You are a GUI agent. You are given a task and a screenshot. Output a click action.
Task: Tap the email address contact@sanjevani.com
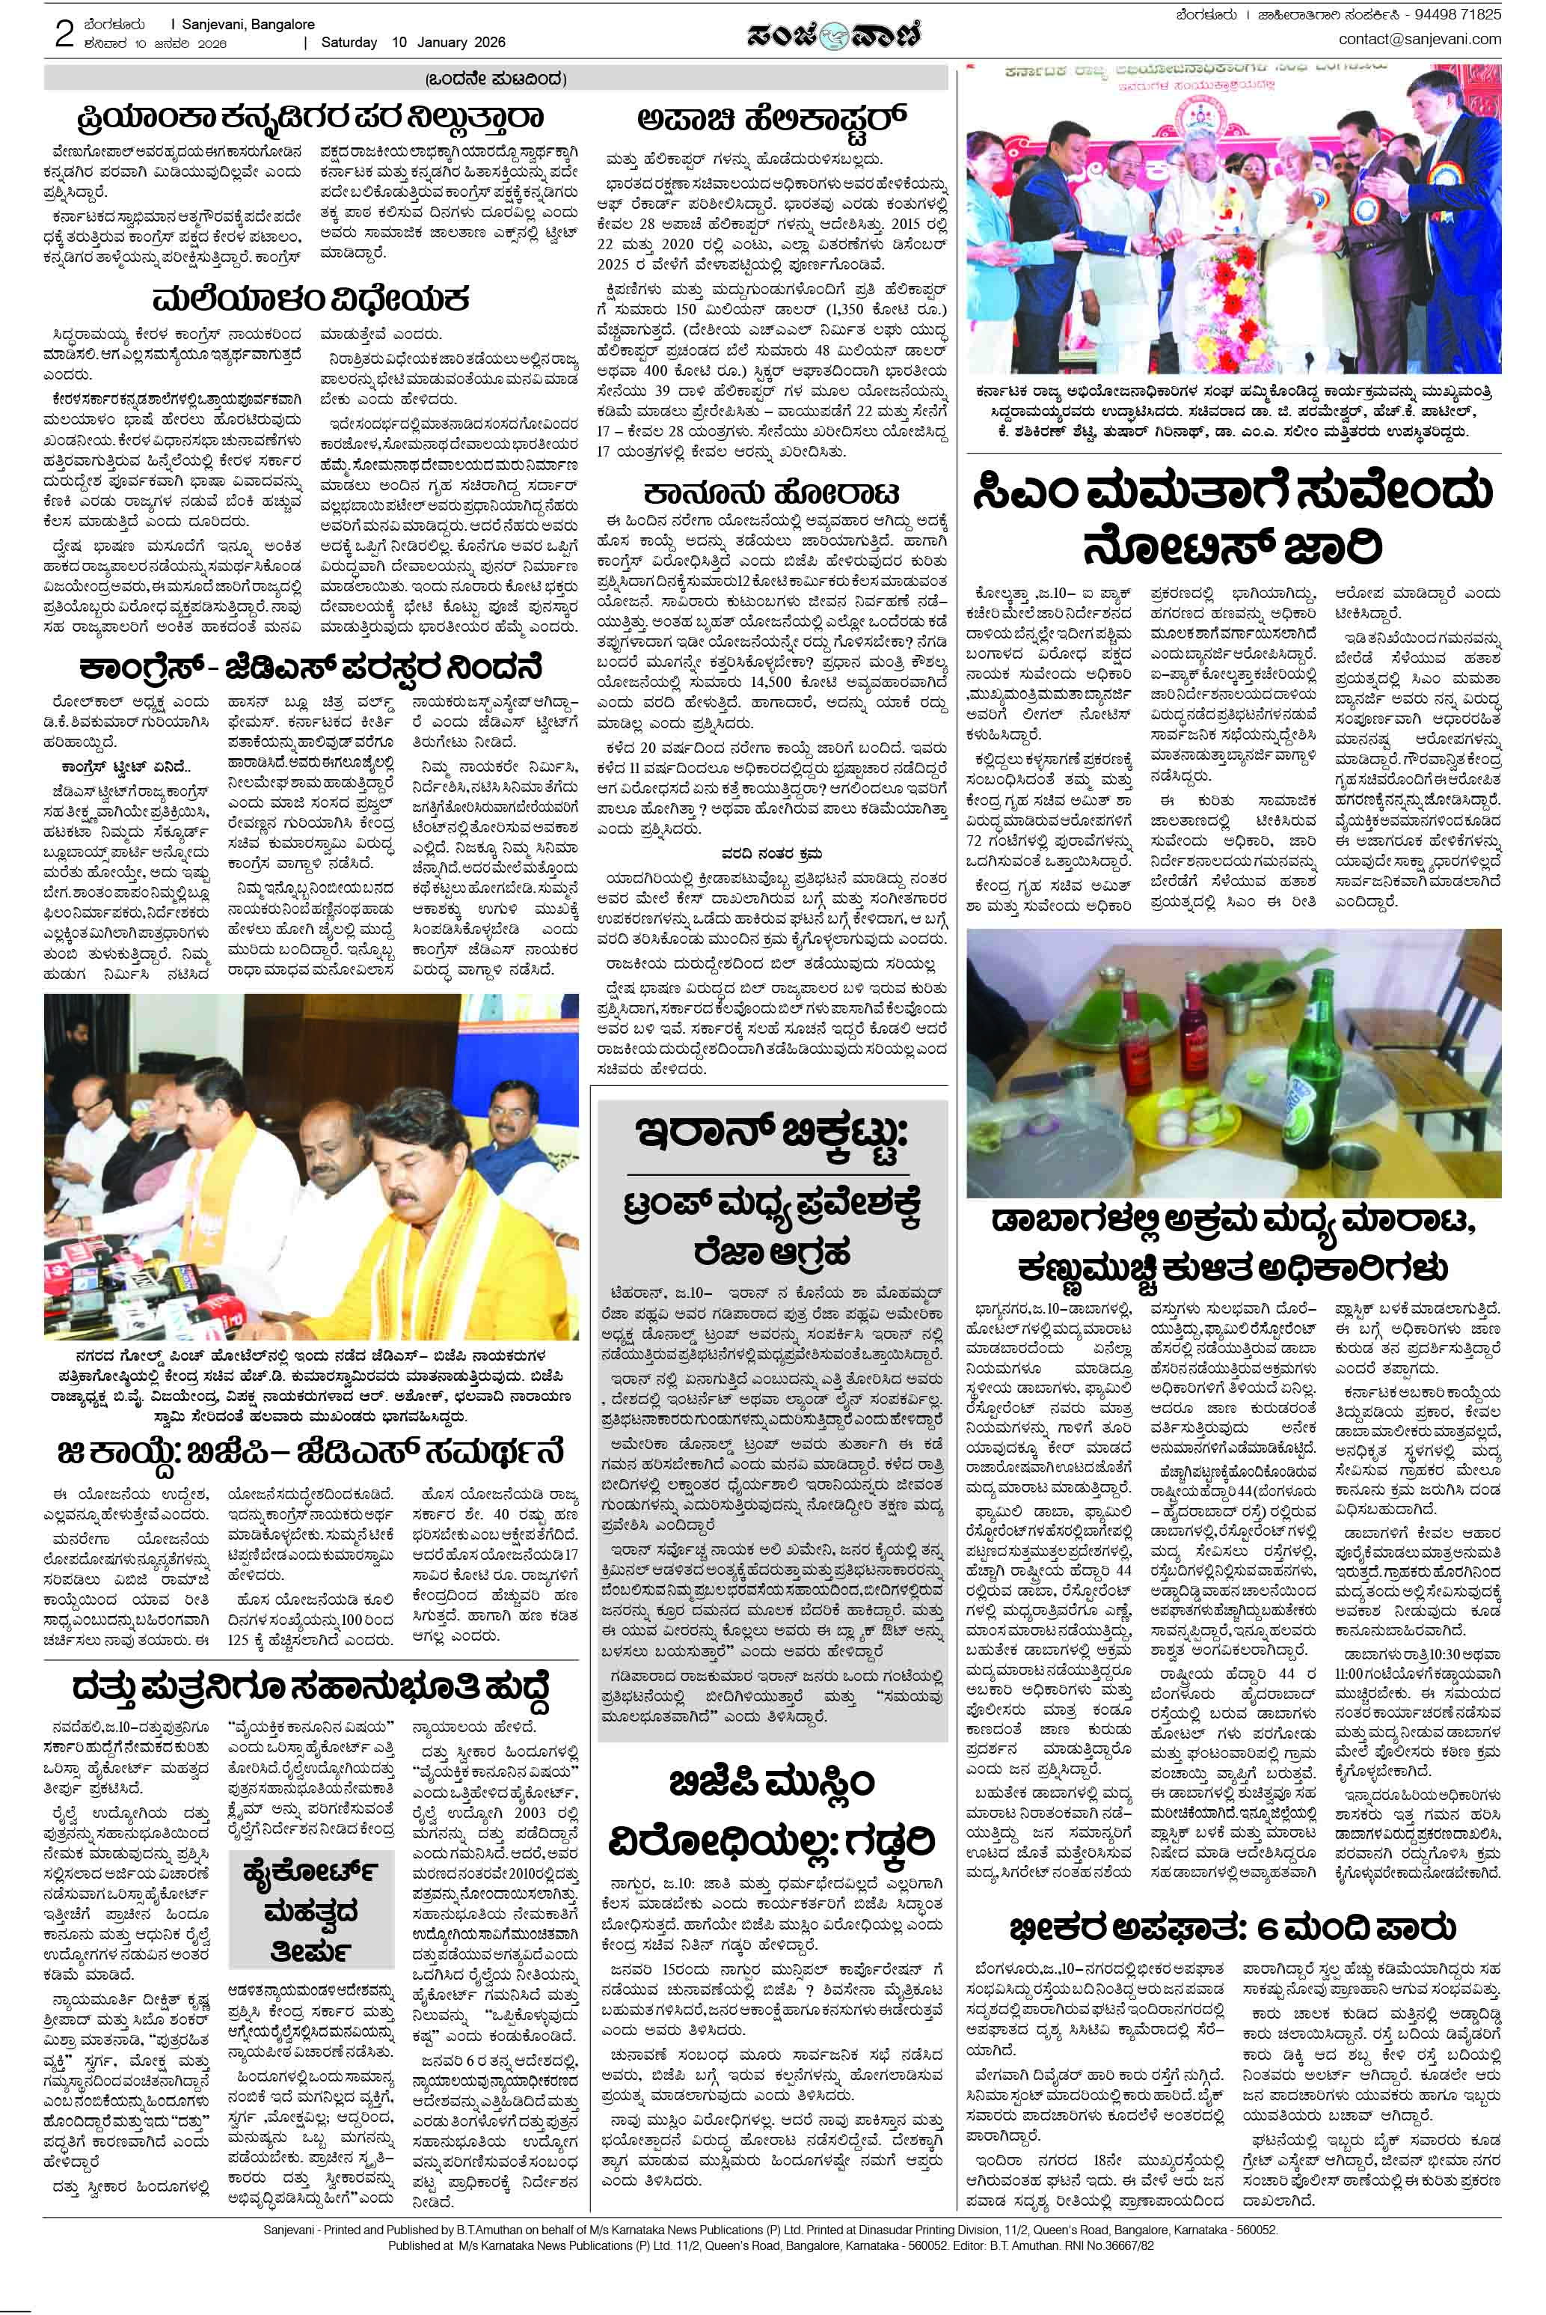point(1419,40)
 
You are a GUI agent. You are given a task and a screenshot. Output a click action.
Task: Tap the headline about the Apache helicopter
point(771,118)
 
